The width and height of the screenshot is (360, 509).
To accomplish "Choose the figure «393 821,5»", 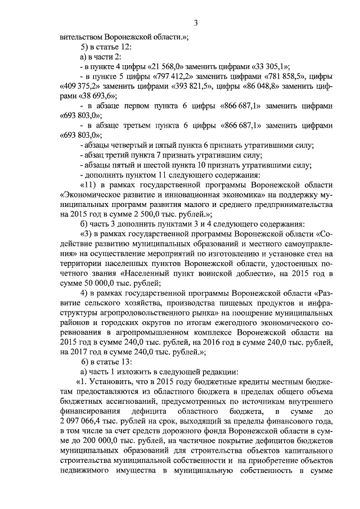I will (x=191, y=86).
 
